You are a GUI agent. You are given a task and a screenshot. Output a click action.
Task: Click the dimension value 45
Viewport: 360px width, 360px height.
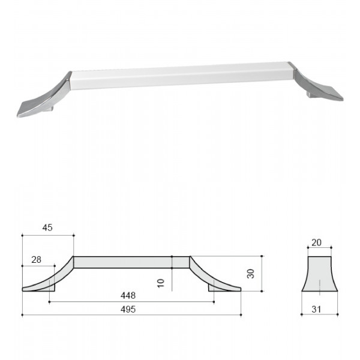click(x=47, y=227)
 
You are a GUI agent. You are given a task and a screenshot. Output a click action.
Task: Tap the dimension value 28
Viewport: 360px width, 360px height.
click(x=36, y=260)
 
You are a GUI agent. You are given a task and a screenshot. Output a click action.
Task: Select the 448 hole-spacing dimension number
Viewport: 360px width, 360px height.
click(x=128, y=295)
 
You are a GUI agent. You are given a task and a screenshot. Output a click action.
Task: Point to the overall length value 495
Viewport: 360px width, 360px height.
click(x=128, y=309)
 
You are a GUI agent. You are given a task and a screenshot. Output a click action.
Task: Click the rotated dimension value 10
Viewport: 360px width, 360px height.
click(x=161, y=283)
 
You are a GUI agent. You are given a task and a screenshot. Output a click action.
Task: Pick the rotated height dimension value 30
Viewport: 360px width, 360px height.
click(x=251, y=274)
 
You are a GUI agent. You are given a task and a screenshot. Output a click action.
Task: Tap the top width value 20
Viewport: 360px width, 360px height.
click(x=316, y=242)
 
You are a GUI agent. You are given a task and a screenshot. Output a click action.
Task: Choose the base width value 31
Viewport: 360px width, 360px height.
click(x=316, y=309)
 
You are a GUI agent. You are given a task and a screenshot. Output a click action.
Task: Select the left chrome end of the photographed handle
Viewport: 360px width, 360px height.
click(x=44, y=97)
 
